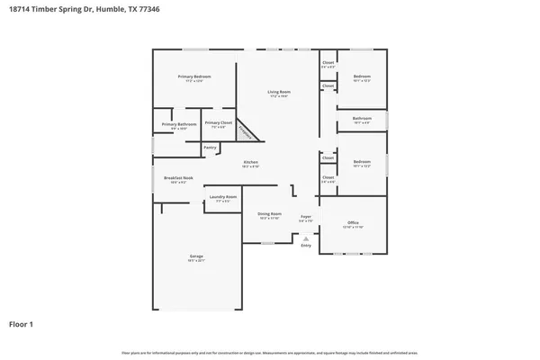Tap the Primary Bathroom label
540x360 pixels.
click(179, 123)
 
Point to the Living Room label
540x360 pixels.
click(278, 92)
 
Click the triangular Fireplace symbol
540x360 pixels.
click(247, 133)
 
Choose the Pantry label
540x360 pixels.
click(210, 147)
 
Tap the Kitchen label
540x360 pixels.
click(250, 162)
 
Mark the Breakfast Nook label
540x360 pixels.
click(178, 178)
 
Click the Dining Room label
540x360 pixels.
click(270, 214)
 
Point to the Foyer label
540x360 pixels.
click(306, 216)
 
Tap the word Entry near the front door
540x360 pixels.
click(306, 245)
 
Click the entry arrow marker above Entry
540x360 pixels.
click(306, 238)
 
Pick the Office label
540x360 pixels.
click(354, 222)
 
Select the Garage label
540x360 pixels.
click(196, 256)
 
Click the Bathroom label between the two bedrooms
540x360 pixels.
click(362, 118)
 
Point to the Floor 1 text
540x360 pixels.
click(22, 323)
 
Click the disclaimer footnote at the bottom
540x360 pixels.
click(270, 352)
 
